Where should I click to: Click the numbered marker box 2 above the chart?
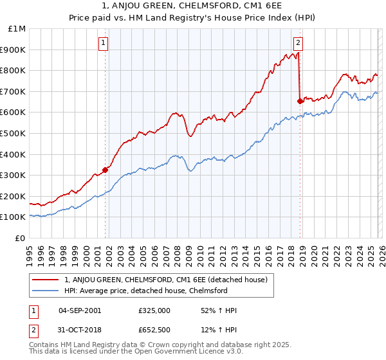tap(299, 44)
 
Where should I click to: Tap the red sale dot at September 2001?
tap(105, 170)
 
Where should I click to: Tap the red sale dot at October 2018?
tap(300, 101)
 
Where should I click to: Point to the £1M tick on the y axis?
tap(17, 29)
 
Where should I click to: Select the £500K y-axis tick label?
tap(14, 134)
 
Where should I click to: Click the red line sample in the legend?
tap(46, 279)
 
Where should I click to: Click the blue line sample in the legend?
tap(46, 291)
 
